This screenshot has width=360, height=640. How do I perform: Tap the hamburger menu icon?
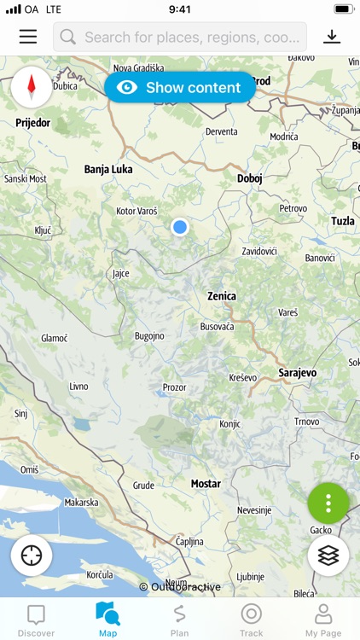(x=28, y=37)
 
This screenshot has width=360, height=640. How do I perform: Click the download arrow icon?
(x=332, y=37)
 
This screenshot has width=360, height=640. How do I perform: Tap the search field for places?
(x=180, y=37)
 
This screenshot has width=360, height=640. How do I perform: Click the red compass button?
(x=32, y=86)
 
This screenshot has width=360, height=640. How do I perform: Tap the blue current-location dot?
(x=179, y=227)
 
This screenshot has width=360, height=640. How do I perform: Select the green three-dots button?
(x=328, y=503)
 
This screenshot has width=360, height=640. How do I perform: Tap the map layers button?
(x=328, y=556)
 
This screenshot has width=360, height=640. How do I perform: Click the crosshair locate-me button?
(x=32, y=556)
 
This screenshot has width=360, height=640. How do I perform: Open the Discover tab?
(x=36, y=620)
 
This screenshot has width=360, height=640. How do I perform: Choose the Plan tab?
(x=179, y=620)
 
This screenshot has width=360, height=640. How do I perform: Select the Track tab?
(x=251, y=620)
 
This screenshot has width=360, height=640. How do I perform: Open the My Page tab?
(x=323, y=620)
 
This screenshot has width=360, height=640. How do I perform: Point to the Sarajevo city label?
(x=298, y=373)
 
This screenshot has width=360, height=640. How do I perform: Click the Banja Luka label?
(x=108, y=169)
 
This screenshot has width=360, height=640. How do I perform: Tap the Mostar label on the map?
(x=206, y=484)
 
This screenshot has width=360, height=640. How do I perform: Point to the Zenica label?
(x=222, y=296)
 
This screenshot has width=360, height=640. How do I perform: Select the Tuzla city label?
(x=342, y=221)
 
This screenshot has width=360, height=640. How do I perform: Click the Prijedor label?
(x=33, y=123)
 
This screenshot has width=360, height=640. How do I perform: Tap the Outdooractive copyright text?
(x=180, y=587)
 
